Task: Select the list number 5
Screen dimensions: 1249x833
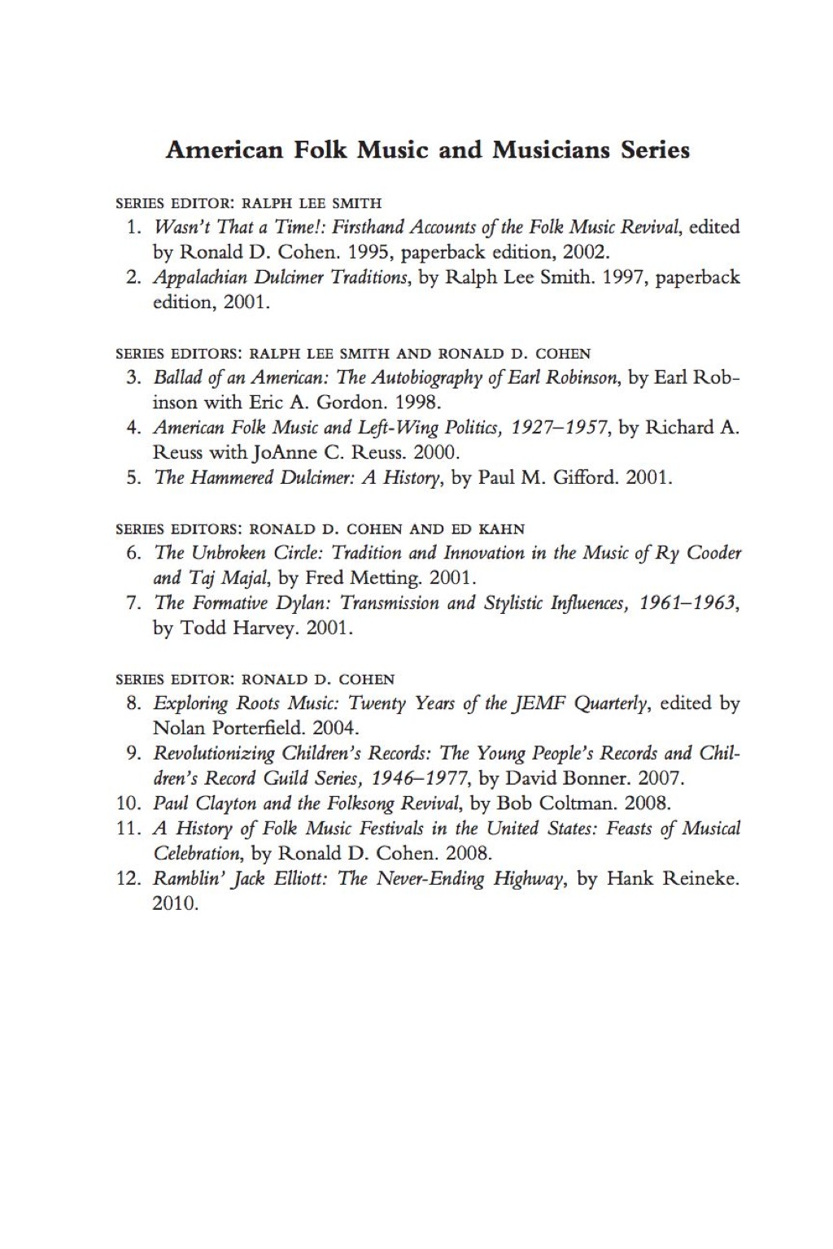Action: (x=134, y=477)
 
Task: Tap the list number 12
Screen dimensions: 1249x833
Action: (x=129, y=879)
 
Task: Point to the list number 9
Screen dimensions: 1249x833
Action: (x=134, y=753)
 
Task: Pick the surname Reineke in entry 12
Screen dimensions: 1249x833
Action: (x=701, y=879)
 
